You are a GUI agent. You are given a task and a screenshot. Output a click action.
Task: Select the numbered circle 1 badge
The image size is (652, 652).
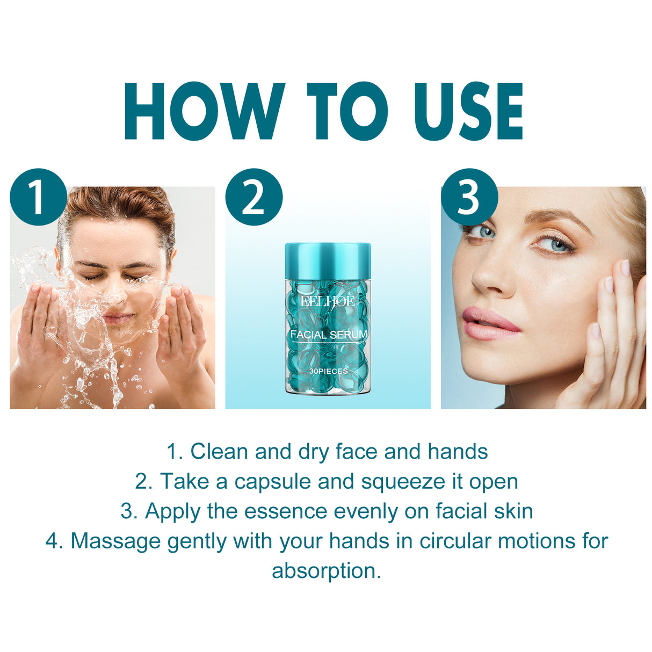pos(38,197)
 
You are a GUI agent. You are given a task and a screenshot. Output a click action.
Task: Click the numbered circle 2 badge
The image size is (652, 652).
pos(253,197)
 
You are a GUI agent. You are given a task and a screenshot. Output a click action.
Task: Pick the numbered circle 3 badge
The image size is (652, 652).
pos(469,197)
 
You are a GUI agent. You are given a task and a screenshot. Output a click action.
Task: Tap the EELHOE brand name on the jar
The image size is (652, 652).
pos(328,301)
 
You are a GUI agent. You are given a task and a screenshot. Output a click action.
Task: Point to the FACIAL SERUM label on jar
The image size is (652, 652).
pos(329,335)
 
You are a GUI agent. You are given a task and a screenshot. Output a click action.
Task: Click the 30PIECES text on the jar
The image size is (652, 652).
pos(328,371)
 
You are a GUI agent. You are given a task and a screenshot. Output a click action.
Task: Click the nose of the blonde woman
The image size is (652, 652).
pos(486,277)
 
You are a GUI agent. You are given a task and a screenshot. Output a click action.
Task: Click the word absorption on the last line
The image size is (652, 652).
pos(326,571)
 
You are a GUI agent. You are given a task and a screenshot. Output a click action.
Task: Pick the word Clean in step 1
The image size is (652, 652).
pos(219,452)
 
